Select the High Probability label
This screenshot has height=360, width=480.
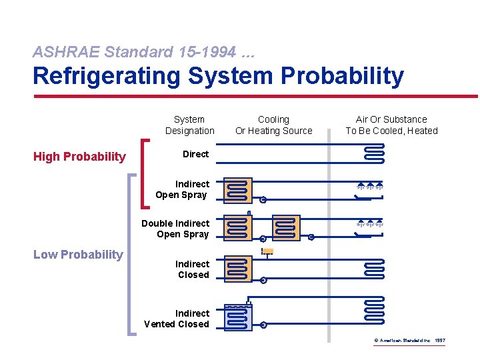point(79,157)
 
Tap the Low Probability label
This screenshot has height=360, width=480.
point(78,254)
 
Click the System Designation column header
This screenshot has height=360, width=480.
point(189,125)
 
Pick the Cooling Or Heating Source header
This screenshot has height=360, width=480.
point(273,125)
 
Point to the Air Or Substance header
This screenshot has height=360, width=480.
point(391,125)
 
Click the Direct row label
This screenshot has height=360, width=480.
point(195,154)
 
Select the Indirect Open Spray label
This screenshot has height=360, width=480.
point(182,189)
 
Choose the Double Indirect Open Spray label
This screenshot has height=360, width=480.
point(175,229)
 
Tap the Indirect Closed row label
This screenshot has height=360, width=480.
point(192,269)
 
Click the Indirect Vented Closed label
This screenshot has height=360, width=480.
point(177,319)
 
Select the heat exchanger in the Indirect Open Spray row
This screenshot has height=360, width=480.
point(238,190)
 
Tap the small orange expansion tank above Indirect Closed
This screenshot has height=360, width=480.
point(267,251)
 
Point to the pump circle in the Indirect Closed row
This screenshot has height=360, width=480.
point(263,280)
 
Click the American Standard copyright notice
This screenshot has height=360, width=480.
point(409,341)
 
